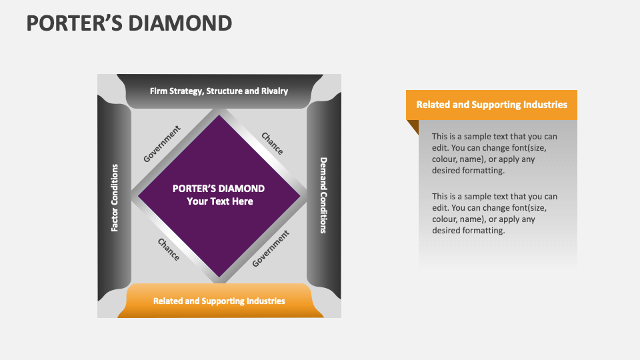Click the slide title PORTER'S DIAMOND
pyautogui.click(x=129, y=23)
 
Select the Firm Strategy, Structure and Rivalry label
pyautogui.click(x=219, y=91)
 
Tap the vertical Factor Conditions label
pyautogui.click(x=115, y=197)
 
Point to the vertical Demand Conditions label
pyautogui.click(x=323, y=195)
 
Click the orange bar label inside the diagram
pyautogui.click(x=219, y=301)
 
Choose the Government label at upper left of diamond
pyautogui.click(x=162, y=143)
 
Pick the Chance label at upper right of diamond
pyautogui.click(x=272, y=143)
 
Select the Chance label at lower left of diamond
pyautogui.click(x=168, y=249)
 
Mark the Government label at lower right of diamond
pyautogui.click(x=271, y=249)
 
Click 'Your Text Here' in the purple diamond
pyautogui.click(x=219, y=201)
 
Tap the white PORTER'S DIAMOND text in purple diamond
pyautogui.click(x=219, y=189)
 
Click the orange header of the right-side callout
pyautogui.click(x=491, y=105)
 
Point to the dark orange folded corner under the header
pyautogui.click(x=413, y=125)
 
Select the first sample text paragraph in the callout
pyautogui.click(x=494, y=153)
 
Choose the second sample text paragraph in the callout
pyautogui.click(x=494, y=213)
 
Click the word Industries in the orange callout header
pyautogui.click(x=545, y=105)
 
